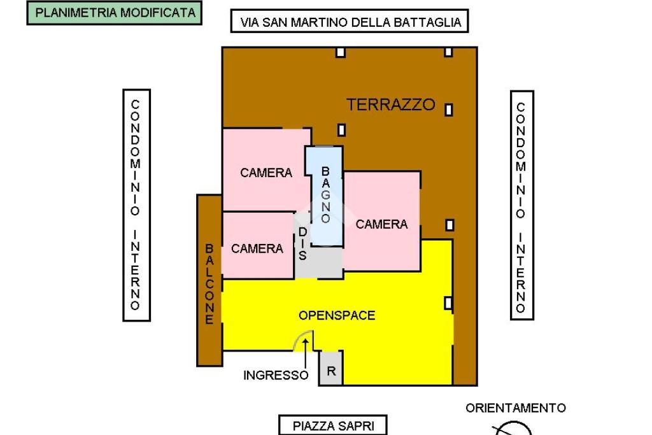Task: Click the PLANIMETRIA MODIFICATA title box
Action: click(x=115, y=13)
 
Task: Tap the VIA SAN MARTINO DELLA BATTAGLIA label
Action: click(x=350, y=22)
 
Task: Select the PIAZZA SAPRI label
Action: click(x=333, y=425)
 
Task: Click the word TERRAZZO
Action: click(x=390, y=105)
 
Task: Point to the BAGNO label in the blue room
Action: click(x=325, y=195)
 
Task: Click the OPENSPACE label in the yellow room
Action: click(x=337, y=315)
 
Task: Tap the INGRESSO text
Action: click(x=276, y=375)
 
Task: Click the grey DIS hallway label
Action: click(x=302, y=245)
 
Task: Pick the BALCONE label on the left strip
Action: click(x=209, y=283)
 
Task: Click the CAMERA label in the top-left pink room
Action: click(x=266, y=173)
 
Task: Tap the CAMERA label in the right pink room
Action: click(x=381, y=224)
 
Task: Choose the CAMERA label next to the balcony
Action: click(x=257, y=248)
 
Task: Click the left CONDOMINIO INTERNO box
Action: click(x=136, y=205)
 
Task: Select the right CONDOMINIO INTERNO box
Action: click(x=521, y=205)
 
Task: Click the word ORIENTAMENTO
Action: click(x=516, y=408)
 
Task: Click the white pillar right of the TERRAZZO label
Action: click(x=448, y=110)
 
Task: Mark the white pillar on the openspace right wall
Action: click(x=448, y=303)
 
